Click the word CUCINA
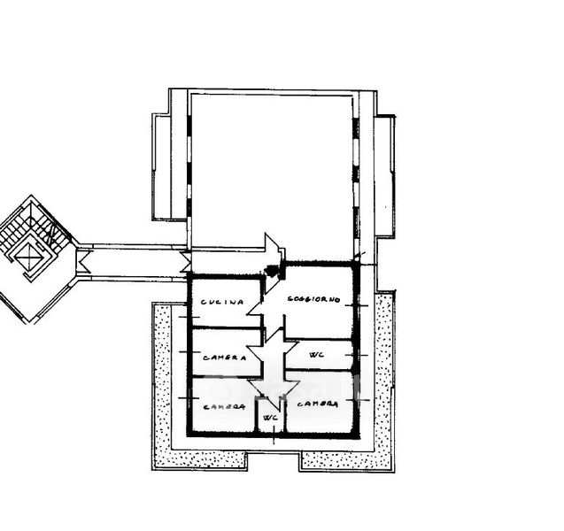pyautogui.click(x=221, y=303)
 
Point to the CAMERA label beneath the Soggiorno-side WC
pyautogui.click(x=317, y=404)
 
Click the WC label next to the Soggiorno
pyautogui.click(x=316, y=355)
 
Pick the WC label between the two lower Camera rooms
pyautogui.click(x=272, y=417)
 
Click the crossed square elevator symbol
pyautogui.click(x=32, y=261)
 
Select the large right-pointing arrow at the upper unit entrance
pyautogui.click(x=273, y=247)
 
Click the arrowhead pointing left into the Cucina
pyautogui.click(x=253, y=307)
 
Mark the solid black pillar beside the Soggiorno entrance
pyautogui.click(x=273, y=268)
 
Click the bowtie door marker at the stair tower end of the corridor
pyautogui.click(x=81, y=260)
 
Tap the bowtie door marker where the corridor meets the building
pyautogui.click(x=185, y=260)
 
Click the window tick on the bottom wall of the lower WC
pyautogui.click(x=273, y=435)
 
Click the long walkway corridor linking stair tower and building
pyautogui.click(x=133, y=260)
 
